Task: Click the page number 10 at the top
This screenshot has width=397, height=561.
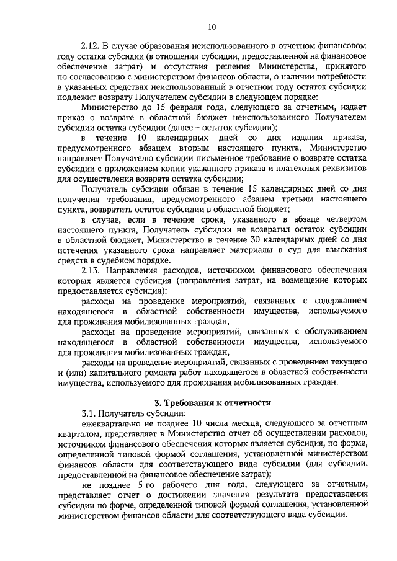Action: tap(212, 27)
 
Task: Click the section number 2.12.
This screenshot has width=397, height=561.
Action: tap(92, 46)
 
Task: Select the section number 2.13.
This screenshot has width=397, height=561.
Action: tap(92, 271)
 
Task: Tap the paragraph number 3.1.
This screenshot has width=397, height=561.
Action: tap(91, 413)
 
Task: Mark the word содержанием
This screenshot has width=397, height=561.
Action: tap(334, 301)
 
